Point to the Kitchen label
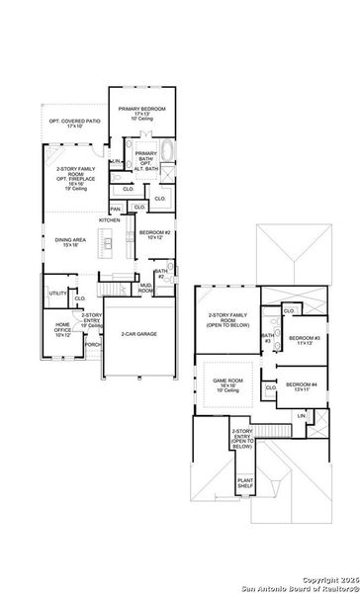coord(109,219)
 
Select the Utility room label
coord(57,293)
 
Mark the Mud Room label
coord(145,289)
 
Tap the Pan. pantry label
coord(116,209)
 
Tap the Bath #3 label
coord(266,339)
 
